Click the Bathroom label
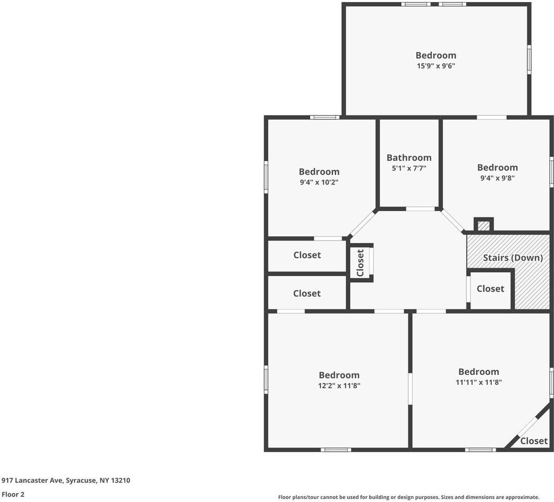tap(409, 157)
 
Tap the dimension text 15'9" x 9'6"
tap(435, 66)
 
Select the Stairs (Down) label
tap(513, 258)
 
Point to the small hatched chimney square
tap(484, 225)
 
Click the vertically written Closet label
tap(360, 263)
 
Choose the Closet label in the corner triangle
tap(534, 441)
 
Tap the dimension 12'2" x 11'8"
tap(339, 385)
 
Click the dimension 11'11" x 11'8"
tap(479, 382)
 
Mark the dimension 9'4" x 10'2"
tap(319, 182)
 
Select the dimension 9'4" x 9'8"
tap(497, 178)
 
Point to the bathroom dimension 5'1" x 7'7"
tap(409, 168)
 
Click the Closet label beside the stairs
tap(490, 289)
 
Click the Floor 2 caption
tap(13, 494)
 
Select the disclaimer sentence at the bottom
tap(409, 497)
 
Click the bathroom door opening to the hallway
tap(420, 209)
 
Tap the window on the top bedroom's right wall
tap(529, 59)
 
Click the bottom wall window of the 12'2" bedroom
tap(336, 450)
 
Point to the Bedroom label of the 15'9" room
tap(435, 55)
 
